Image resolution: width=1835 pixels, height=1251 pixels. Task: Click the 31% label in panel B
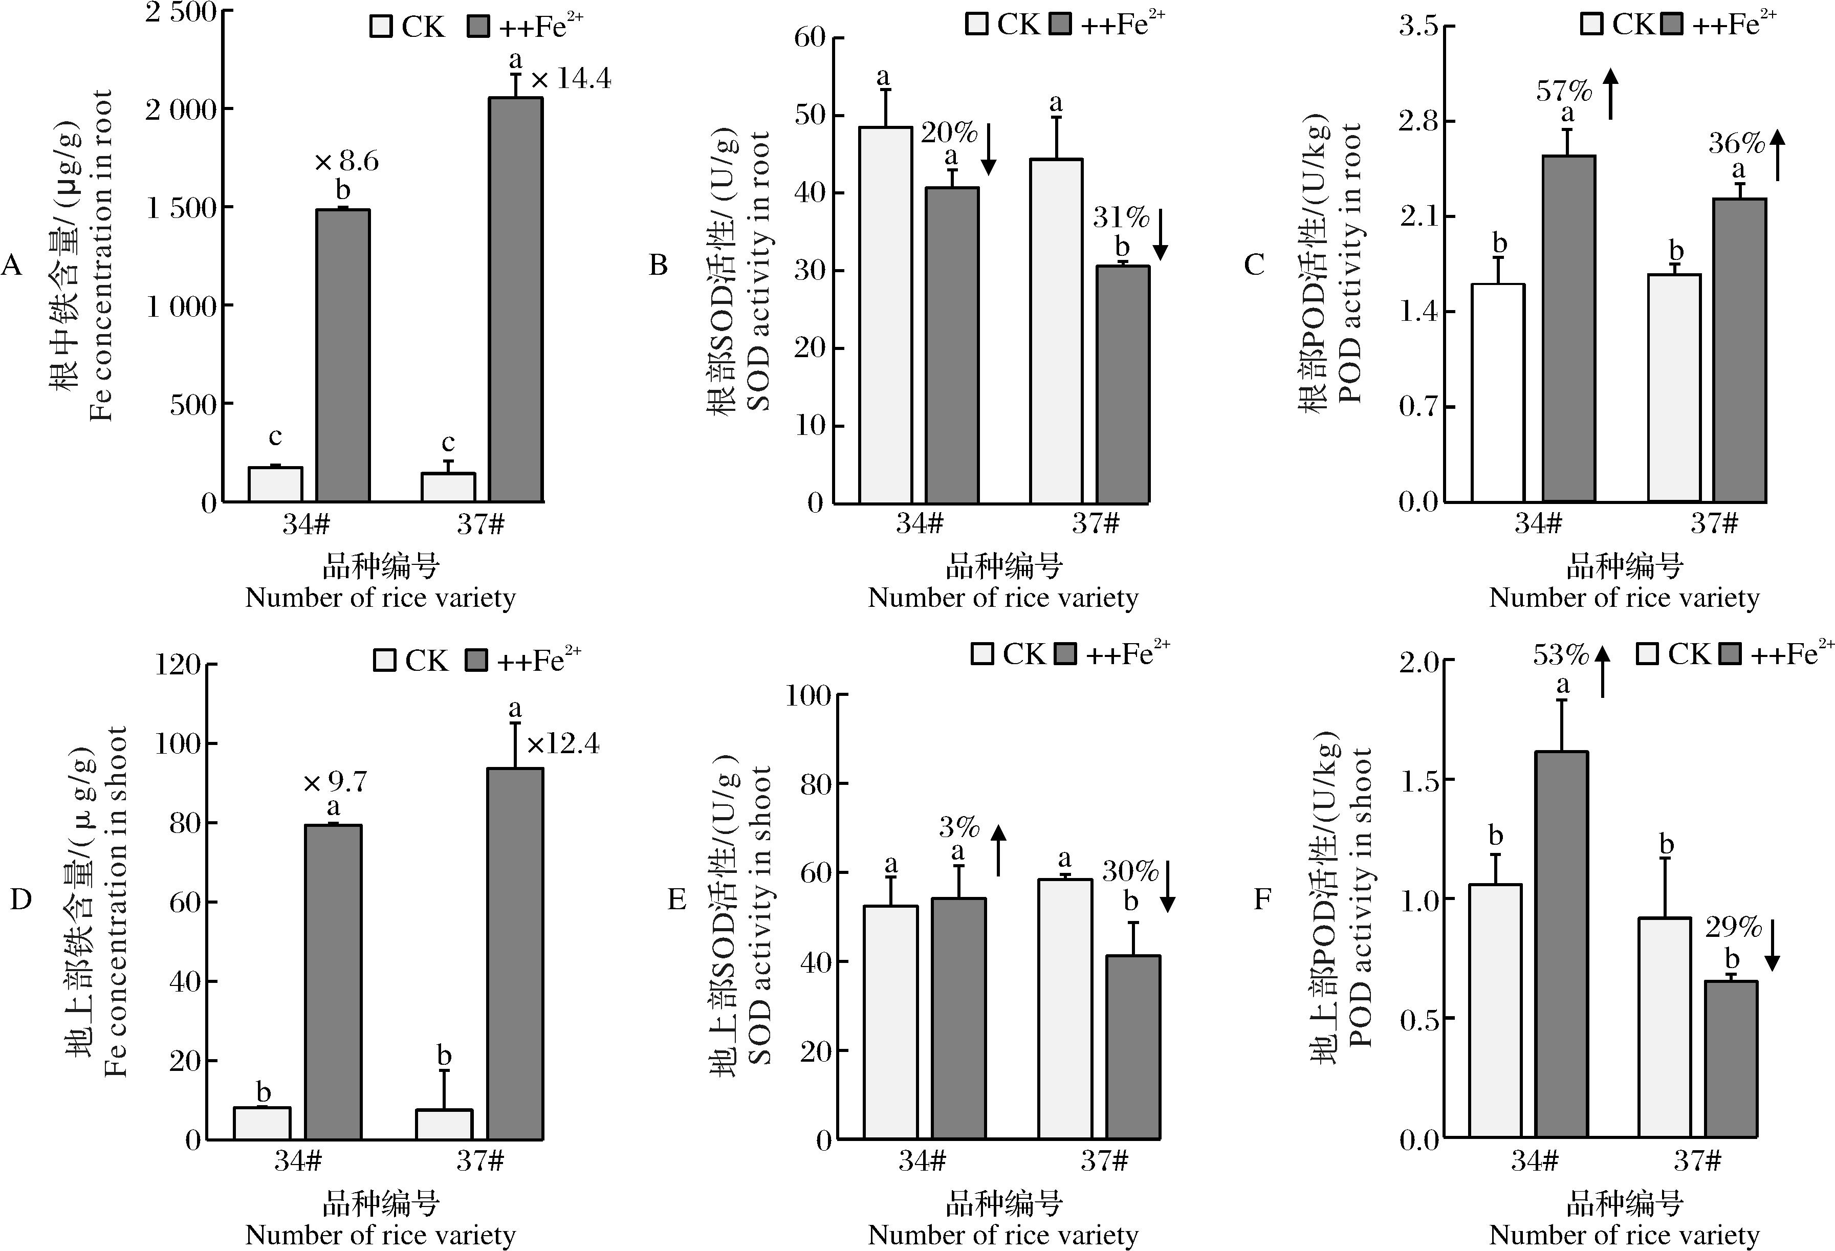pos(1121,216)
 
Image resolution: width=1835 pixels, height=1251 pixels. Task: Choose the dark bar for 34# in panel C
pos(1569,328)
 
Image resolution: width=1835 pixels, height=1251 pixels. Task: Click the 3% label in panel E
pos(958,827)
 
